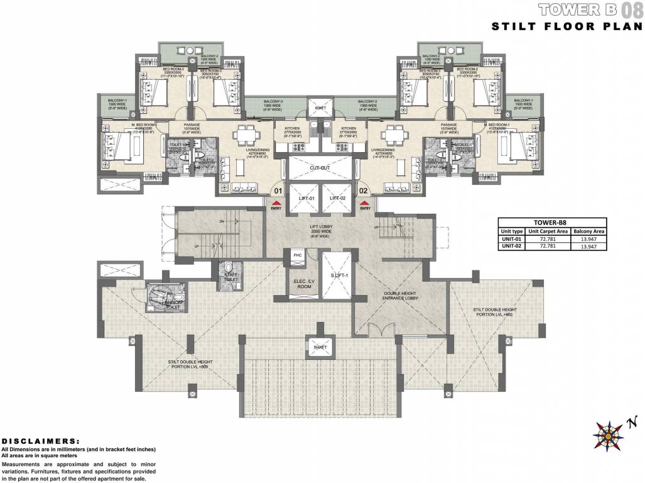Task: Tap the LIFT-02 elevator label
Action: point(337,198)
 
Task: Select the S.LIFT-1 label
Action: point(331,275)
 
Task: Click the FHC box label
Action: point(296,256)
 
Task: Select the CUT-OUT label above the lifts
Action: point(320,168)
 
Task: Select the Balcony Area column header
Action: point(588,231)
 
